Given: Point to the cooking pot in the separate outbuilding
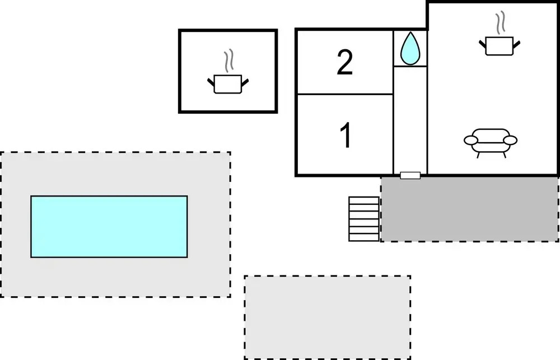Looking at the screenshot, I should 228,83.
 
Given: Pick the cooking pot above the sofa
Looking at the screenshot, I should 499,45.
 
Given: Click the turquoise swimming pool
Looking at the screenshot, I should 109,226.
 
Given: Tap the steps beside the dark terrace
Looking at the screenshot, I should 364,219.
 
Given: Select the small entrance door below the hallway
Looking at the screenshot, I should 410,175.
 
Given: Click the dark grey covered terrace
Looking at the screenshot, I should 469,209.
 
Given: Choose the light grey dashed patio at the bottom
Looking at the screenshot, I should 328,317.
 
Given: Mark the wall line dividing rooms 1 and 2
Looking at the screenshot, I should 344,94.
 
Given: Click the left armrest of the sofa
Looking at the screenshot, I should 470,139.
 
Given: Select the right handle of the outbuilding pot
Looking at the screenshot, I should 244,82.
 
